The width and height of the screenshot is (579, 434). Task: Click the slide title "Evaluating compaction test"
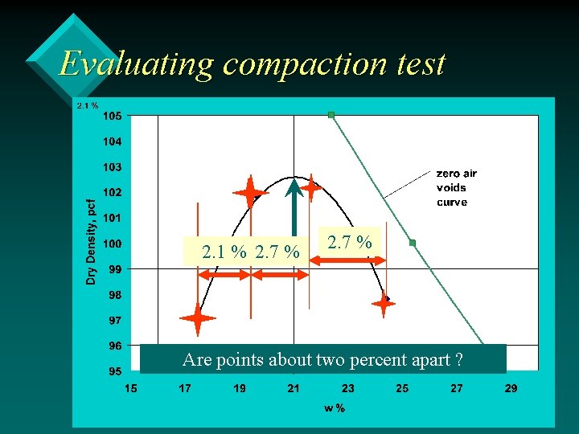(x=252, y=63)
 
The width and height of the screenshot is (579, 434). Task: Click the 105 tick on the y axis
(x=113, y=116)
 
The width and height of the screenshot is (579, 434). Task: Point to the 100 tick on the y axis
(x=113, y=244)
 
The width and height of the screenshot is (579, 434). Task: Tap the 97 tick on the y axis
(x=116, y=321)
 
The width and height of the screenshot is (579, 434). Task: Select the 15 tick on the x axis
(x=130, y=389)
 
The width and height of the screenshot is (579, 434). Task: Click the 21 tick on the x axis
(x=294, y=389)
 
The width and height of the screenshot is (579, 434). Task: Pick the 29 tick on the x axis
(x=511, y=389)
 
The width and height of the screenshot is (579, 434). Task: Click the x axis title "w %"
(x=335, y=408)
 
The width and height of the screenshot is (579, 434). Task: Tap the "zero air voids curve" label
(x=456, y=187)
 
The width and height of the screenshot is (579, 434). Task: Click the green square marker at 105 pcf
(x=331, y=115)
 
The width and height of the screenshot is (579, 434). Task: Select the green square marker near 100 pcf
(x=413, y=243)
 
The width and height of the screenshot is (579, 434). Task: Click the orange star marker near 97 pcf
(x=198, y=319)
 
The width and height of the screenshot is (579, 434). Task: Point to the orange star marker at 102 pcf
(x=251, y=193)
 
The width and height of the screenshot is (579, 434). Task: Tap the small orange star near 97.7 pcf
(x=384, y=303)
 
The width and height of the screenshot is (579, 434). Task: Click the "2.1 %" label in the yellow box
(x=224, y=252)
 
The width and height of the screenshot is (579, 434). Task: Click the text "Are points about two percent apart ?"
(x=322, y=359)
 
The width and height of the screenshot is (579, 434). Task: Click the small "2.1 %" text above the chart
(x=87, y=105)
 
